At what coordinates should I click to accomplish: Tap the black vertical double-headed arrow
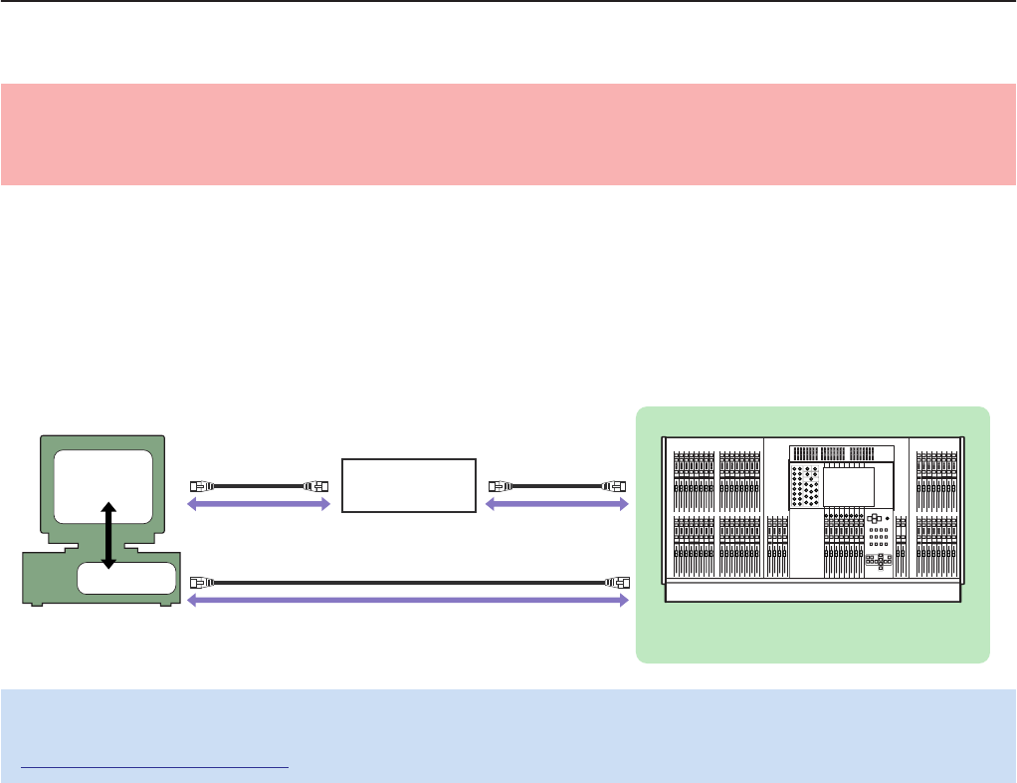coord(108,536)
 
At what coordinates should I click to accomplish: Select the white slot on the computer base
coord(127,578)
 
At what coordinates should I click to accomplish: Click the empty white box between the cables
coord(408,485)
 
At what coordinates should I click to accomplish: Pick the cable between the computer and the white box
coord(258,486)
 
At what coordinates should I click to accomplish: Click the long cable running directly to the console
coord(408,580)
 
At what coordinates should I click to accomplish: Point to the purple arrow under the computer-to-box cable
coord(259,505)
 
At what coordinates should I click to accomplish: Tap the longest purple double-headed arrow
coord(408,600)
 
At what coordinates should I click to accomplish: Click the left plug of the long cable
coord(197,580)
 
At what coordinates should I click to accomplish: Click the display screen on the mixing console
coord(849,486)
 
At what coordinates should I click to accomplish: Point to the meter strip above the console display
coord(842,453)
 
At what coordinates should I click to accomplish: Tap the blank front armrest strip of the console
coord(813,592)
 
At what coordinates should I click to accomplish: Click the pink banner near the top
coord(508,134)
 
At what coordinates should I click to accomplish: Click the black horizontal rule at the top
coord(508,1)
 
